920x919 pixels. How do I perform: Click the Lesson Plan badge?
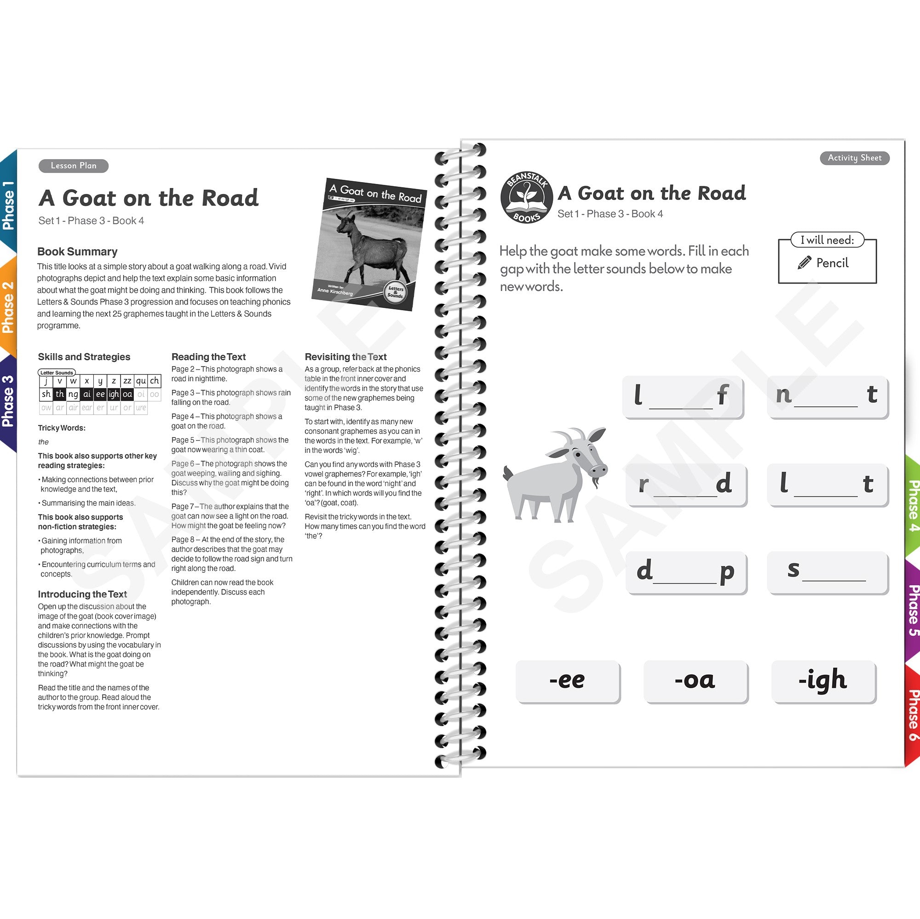pyautogui.click(x=73, y=166)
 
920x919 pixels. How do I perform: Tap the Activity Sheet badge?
pyautogui.click(x=854, y=158)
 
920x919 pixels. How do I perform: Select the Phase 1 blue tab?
pyautogui.click(x=9, y=205)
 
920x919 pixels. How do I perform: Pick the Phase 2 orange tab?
pyautogui.click(x=9, y=307)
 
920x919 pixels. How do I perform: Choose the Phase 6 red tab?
pyautogui.click(x=912, y=714)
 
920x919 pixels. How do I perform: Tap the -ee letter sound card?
pyautogui.click(x=567, y=681)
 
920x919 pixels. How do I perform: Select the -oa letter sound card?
pyautogui.click(x=695, y=681)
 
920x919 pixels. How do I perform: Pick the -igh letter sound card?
pyautogui.click(x=823, y=681)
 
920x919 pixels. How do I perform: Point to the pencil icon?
pyautogui.click(x=804, y=262)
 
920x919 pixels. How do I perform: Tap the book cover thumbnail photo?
pyautogui.click(x=368, y=245)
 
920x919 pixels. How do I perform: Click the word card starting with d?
pyautogui.click(x=686, y=571)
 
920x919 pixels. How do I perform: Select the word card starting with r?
pyautogui.click(x=686, y=484)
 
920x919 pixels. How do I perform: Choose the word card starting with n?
pyautogui.click(x=827, y=396)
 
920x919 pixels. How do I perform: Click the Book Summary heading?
pyautogui.click(x=77, y=251)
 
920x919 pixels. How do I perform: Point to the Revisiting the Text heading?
pyautogui.click(x=345, y=356)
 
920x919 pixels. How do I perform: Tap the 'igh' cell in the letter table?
pyautogui.click(x=113, y=394)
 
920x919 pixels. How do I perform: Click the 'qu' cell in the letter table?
pyautogui.click(x=140, y=381)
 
